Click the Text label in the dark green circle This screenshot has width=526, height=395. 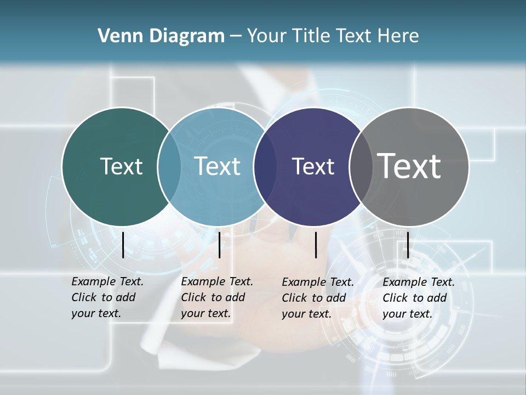coord(121,166)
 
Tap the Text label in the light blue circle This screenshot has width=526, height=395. coord(218,166)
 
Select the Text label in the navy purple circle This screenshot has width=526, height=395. coord(313,166)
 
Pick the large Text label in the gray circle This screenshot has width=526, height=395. coord(409,166)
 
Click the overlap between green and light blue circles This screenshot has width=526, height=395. coord(169,166)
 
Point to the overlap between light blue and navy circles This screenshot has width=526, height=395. coord(265,166)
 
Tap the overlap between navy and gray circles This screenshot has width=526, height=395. coord(361,166)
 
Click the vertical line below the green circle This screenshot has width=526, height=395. coord(123,245)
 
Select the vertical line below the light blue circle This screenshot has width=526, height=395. coord(219,245)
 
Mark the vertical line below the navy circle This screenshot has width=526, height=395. coord(316,245)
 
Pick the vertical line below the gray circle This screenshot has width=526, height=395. coord(408,245)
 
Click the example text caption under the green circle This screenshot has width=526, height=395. coord(107,297)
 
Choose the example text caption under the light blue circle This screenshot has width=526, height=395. coord(216,297)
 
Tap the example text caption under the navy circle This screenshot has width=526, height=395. coord(317,298)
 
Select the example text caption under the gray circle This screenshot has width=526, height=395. coord(418,298)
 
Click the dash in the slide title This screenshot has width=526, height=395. coord(236,36)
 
